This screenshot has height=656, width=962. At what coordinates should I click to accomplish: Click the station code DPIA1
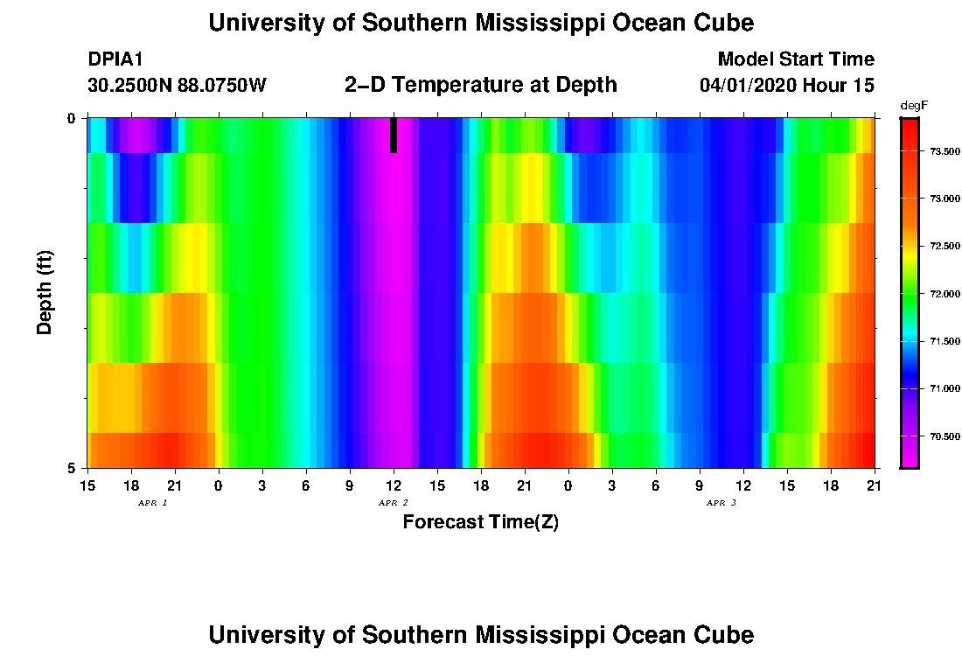tap(115, 59)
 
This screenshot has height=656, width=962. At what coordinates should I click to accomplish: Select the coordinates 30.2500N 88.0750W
tap(177, 85)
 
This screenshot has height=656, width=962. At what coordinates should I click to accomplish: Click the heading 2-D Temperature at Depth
tap(481, 85)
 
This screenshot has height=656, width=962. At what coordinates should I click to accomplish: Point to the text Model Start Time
tap(796, 59)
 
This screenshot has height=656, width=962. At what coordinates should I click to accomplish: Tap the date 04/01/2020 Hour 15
tap(787, 85)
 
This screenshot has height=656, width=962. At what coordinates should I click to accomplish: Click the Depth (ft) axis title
tap(45, 292)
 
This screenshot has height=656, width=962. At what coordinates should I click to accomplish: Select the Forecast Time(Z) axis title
tap(480, 522)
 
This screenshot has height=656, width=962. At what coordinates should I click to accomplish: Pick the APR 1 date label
tap(152, 503)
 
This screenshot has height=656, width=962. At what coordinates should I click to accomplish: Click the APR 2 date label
tap(393, 503)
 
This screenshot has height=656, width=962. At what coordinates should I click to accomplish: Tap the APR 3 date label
tap(721, 503)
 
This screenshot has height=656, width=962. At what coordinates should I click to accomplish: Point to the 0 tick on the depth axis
tap(72, 118)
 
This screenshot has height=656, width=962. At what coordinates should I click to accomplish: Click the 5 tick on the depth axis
tap(72, 468)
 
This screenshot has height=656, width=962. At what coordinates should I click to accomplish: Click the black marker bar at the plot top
tap(394, 135)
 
